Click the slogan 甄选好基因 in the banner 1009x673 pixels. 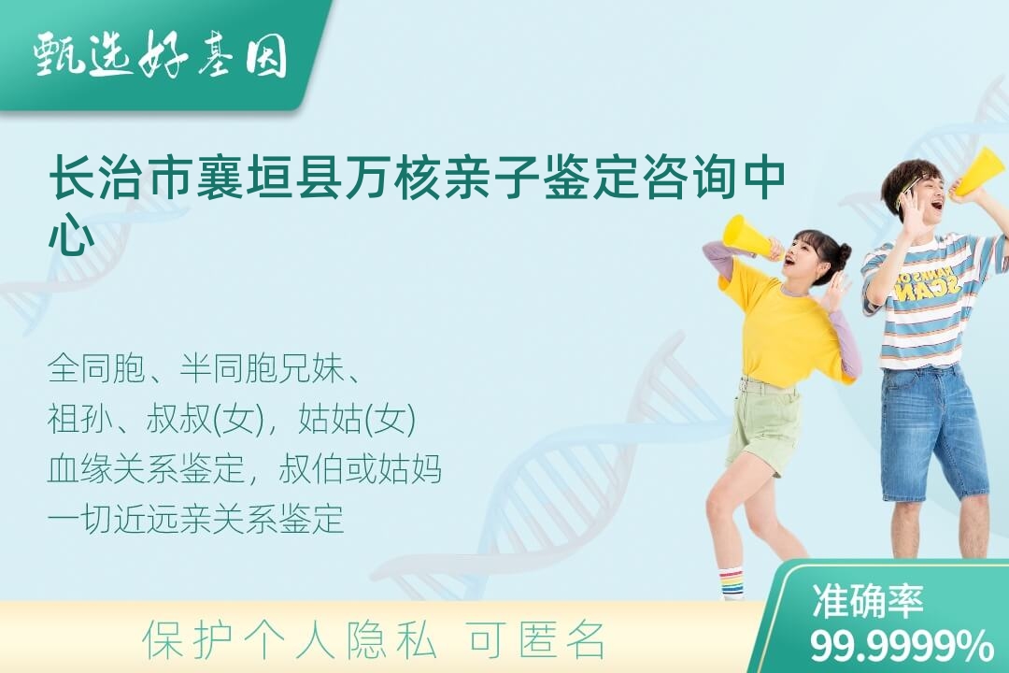pyautogui.click(x=161, y=55)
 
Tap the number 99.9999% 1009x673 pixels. pyautogui.click(x=901, y=645)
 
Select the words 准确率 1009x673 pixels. pyautogui.click(x=867, y=600)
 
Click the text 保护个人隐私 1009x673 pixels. pyautogui.click(x=290, y=640)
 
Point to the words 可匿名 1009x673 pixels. pyautogui.click(x=537, y=640)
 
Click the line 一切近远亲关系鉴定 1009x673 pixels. pyautogui.click(x=195, y=519)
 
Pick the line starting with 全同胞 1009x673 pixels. pyautogui.click(x=204, y=368)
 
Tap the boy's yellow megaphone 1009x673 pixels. pyautogui.click(x=980, y=172)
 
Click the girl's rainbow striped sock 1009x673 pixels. pyautogui.click(x=730, y=583)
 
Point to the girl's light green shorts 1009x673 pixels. pyautogui.click(x=764, y=425)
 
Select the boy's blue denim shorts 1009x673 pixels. pyautogui.click(x=933, y=434)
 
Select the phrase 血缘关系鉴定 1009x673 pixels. pyautogui.click(x=146, y=469)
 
